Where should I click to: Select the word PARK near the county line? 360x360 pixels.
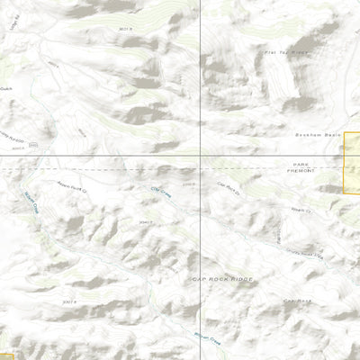click(x=301, y=166)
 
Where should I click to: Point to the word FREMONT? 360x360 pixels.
click(x=301, y=174)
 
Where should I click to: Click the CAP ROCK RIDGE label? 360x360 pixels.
click(x=223, y=280)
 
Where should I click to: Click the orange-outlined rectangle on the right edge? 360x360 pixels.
click(x=352, y=162)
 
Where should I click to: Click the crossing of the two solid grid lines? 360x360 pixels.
click(x=199, y=157)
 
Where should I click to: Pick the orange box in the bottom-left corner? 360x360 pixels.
click(x=5, y=355)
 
